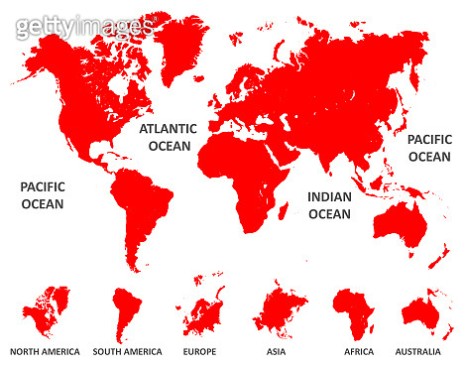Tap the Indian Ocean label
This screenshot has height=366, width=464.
tap(329, 205)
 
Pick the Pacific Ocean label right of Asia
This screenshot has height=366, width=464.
tap(428, 148)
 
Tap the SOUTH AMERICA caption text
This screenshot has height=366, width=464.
tap(127, 351)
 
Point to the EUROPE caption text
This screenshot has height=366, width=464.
tap(199, 351)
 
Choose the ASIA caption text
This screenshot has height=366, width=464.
tap(277, 351)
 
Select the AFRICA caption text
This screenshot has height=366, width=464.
tap(358, 351)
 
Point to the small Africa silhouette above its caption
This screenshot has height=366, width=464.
tap(355, 312)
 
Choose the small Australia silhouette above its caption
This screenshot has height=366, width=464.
tap(426, 313)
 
